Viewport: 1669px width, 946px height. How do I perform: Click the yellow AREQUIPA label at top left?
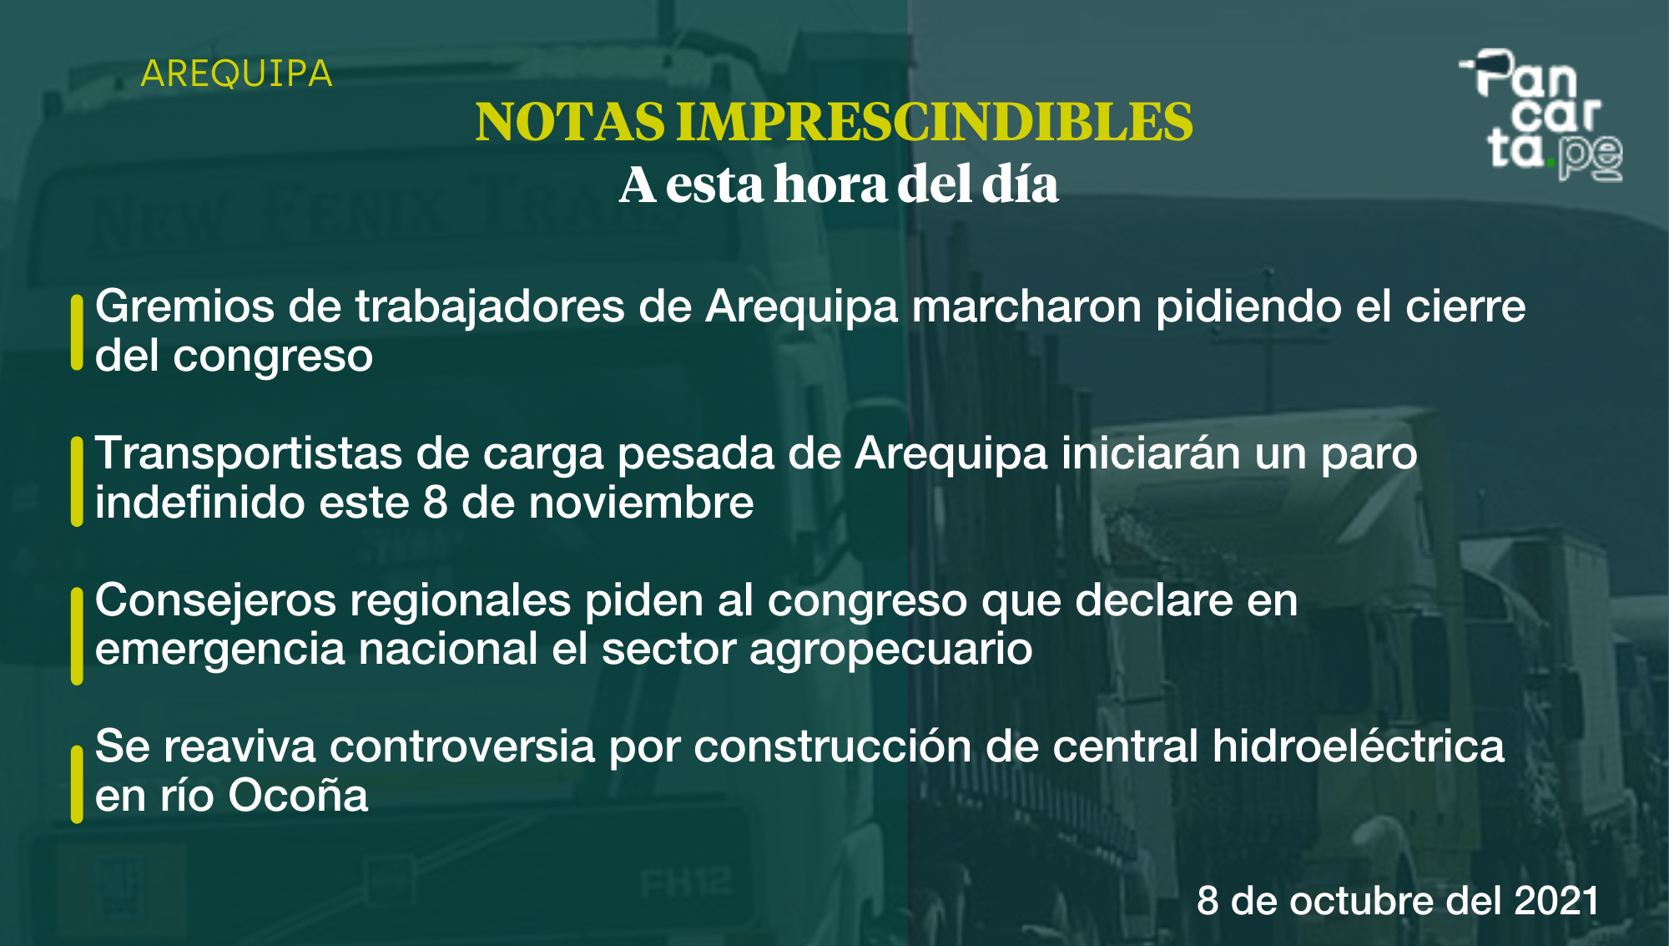[x=237, y=74]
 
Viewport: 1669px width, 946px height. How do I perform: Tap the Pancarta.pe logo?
[x=1540, y=115]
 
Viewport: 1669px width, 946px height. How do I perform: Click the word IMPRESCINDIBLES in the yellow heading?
[x=935, y=122]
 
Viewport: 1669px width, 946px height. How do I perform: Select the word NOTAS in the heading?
[x=570, y=122]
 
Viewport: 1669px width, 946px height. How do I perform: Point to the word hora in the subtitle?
[x=830, y=184]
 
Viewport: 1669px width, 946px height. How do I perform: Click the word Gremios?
[x=184, y=306]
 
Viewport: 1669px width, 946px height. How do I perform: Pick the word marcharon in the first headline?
[x=1026, y=306]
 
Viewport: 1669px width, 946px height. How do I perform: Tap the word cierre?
[x=1465, y=306]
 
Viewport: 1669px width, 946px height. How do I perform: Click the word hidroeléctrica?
[x=1359, y=746]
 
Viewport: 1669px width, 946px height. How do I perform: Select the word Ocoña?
[x=298, y=796]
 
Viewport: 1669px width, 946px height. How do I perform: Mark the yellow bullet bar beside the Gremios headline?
[x=77, y=331]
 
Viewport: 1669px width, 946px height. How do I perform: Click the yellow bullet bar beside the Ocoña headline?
[x=77, y=784]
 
